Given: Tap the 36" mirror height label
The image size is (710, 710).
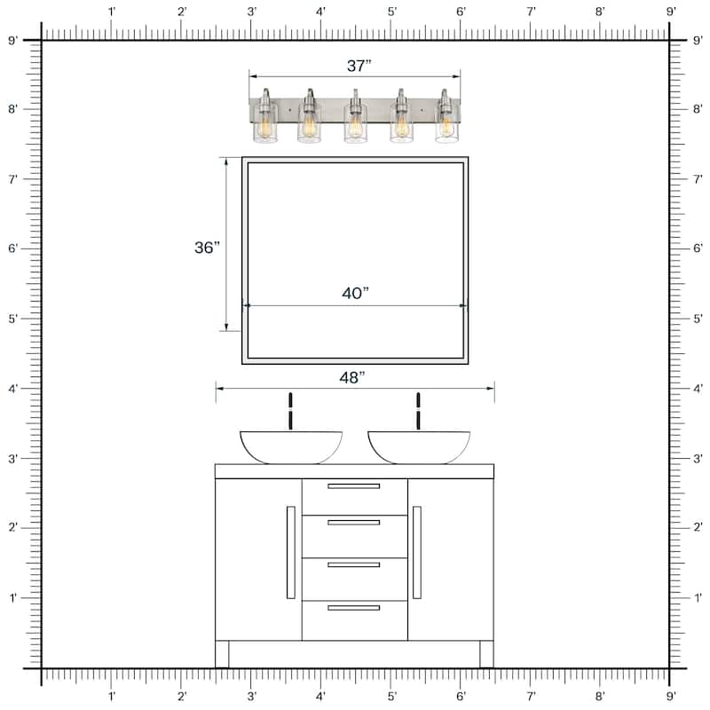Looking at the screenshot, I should coord(207,248).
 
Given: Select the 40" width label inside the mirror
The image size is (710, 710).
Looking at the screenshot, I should coord(355,294).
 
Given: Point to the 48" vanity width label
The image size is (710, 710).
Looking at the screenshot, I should coord(352,377).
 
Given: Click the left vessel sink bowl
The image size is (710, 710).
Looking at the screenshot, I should coord(291,446).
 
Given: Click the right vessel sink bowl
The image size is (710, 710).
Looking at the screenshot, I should coord(419,446).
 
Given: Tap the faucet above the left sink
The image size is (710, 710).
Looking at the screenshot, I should coord(290,411).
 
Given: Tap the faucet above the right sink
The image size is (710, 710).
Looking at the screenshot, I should coord(418,411).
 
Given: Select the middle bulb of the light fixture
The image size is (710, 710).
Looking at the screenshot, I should coord(355,127).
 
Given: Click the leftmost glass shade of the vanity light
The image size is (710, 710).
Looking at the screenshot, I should coord(264,127).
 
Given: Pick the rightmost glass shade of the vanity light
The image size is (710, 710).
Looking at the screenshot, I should coord(446,127).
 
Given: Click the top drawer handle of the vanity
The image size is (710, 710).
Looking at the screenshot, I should coord(353,486).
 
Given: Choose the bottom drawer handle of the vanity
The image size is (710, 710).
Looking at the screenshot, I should coord(353,608).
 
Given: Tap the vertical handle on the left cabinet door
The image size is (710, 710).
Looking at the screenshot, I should coord(290,552).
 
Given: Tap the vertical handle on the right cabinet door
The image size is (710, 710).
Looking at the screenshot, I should coord(417,552).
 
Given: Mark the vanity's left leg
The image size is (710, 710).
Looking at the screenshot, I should coord(222,654).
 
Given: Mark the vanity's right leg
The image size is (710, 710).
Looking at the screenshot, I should coord(486,654).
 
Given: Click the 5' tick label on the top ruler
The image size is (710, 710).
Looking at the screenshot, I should coord(391,12).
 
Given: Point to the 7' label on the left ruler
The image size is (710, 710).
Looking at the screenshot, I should coord(12,179).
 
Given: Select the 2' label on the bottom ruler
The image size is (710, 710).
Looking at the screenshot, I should coord(182,697).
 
